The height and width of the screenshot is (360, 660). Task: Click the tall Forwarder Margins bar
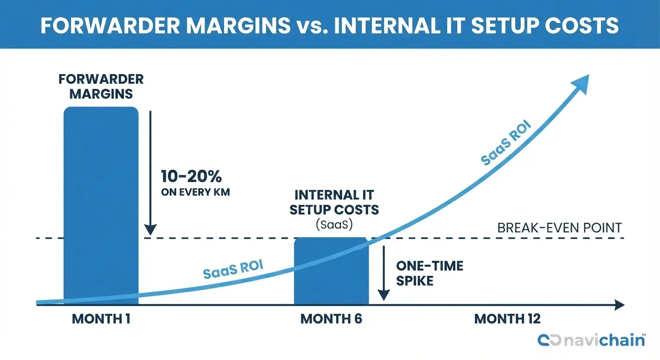tap(101, 206)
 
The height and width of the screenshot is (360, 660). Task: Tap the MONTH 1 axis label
tap(101, 319)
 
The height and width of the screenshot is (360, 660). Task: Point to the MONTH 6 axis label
tap(331, 319)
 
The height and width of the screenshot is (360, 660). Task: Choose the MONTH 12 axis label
tap(507, 319)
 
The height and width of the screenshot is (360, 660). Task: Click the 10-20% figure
tap(191, 177)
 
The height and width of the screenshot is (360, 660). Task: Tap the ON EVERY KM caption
tap(195, 192)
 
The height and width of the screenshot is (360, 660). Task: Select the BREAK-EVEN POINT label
tap(559, 228)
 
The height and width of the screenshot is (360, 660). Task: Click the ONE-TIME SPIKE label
tap(429, 273)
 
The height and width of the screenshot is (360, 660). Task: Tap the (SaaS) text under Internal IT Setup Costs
tap(334, 225)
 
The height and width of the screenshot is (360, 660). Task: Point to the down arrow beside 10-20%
tap(150, 173)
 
